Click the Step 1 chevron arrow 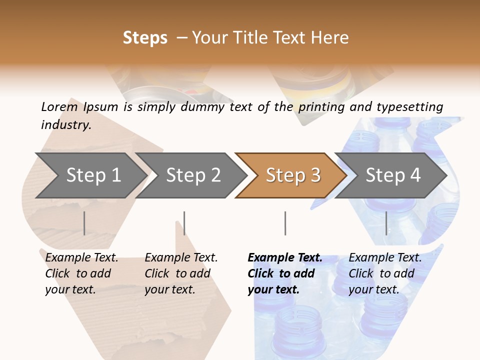[x=92, y=175]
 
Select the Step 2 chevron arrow [x=192, y=175]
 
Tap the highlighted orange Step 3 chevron [x=292, y=175]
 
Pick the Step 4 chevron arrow [x=392, y=175]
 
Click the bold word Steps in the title [x=145, y=38]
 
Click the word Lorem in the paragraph [x=59, y=106]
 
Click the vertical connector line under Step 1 [x=84, y=223]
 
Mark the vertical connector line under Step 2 [x=184, y=223]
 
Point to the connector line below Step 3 [x=285, y=223]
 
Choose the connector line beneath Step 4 [x=386, y=223]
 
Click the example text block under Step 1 [x=81, y=273]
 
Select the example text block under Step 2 [x=181, y=273]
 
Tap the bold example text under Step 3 [x=285, y=273]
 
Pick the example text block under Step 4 [x=385, y=273]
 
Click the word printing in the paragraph [x=322, y=107]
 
